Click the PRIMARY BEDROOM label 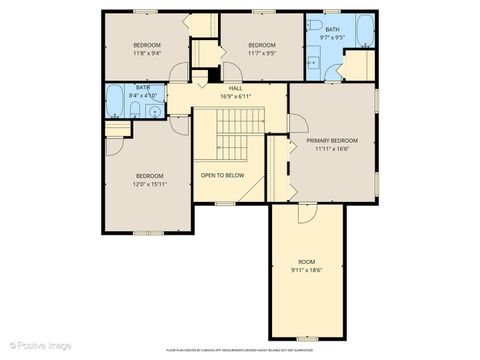click(x=332, y=141)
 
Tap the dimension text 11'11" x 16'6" click(x=332, y=149)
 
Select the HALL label click(x=236, y=88)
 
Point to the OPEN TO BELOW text click(x=222, y=175)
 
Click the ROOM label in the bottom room click(x=306, y=262)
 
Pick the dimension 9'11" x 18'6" click(x=306, y=270)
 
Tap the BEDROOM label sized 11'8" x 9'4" click(x=147, y=45)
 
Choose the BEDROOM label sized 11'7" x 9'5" click(x=262, y=45)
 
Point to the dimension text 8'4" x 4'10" click(x=144, y=95)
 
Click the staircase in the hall click(x=236, y=131)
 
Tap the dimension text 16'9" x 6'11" click(x=236, y=96)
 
